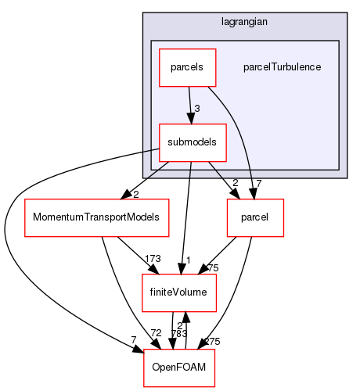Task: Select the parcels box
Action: click(x=182, y=67)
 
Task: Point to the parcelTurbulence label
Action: click(x=283, y=67)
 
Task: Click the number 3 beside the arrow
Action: click(x=197, y=107)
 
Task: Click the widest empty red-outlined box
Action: click(x=97, y=218)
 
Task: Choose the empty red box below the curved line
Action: click(x=255, y=218)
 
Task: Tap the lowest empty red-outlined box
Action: click(x=179, y=368)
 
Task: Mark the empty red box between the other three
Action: click(x=179, y=293)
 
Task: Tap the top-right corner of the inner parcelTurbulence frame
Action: click(x=338, y=41)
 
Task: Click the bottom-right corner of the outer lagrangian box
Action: click(x=346, y=178)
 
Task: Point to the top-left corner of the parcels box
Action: click(x=160, y=49)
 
